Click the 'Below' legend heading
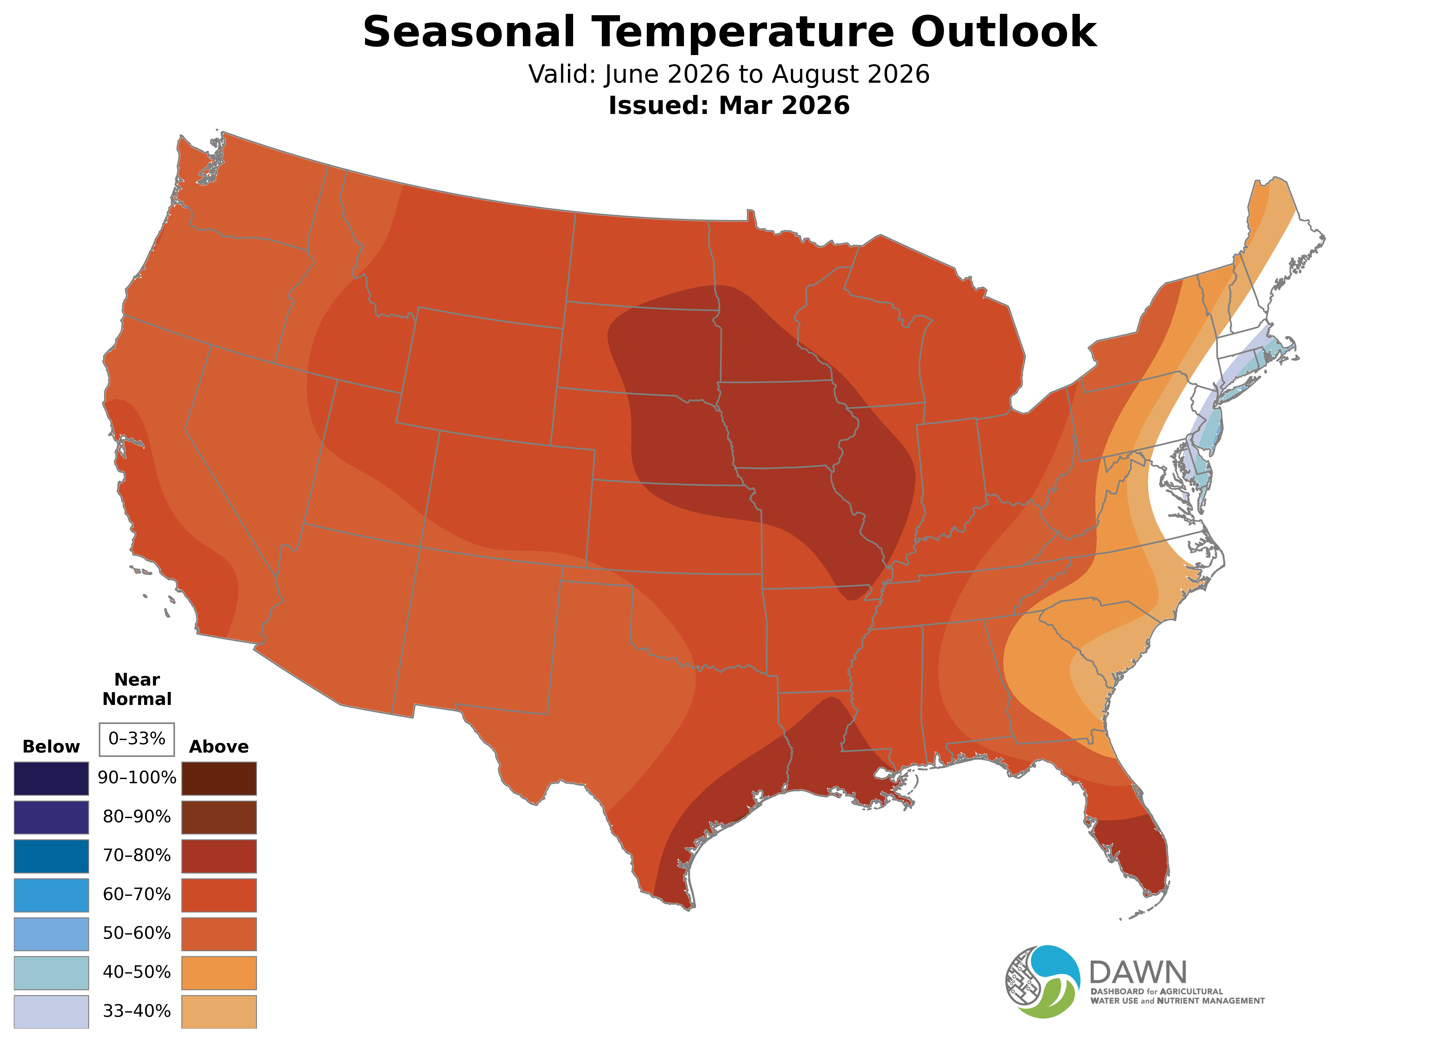point(51,747)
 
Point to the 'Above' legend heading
point(219,747)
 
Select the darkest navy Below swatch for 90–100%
point(51,779)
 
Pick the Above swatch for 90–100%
point(219,779)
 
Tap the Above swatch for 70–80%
point(219,856)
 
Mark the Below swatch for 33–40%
point(51,1011)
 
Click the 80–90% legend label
point(137,817)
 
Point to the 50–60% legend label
point(137,933)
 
